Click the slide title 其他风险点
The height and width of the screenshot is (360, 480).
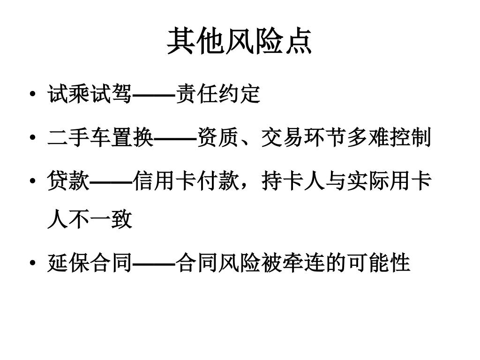[240, 41]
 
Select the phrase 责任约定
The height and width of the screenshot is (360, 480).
[217, 95]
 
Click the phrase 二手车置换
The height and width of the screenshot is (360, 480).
[100, 138]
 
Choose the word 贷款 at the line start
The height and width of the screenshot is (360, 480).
[68, 181]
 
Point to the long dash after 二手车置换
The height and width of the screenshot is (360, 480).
[175, 139]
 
